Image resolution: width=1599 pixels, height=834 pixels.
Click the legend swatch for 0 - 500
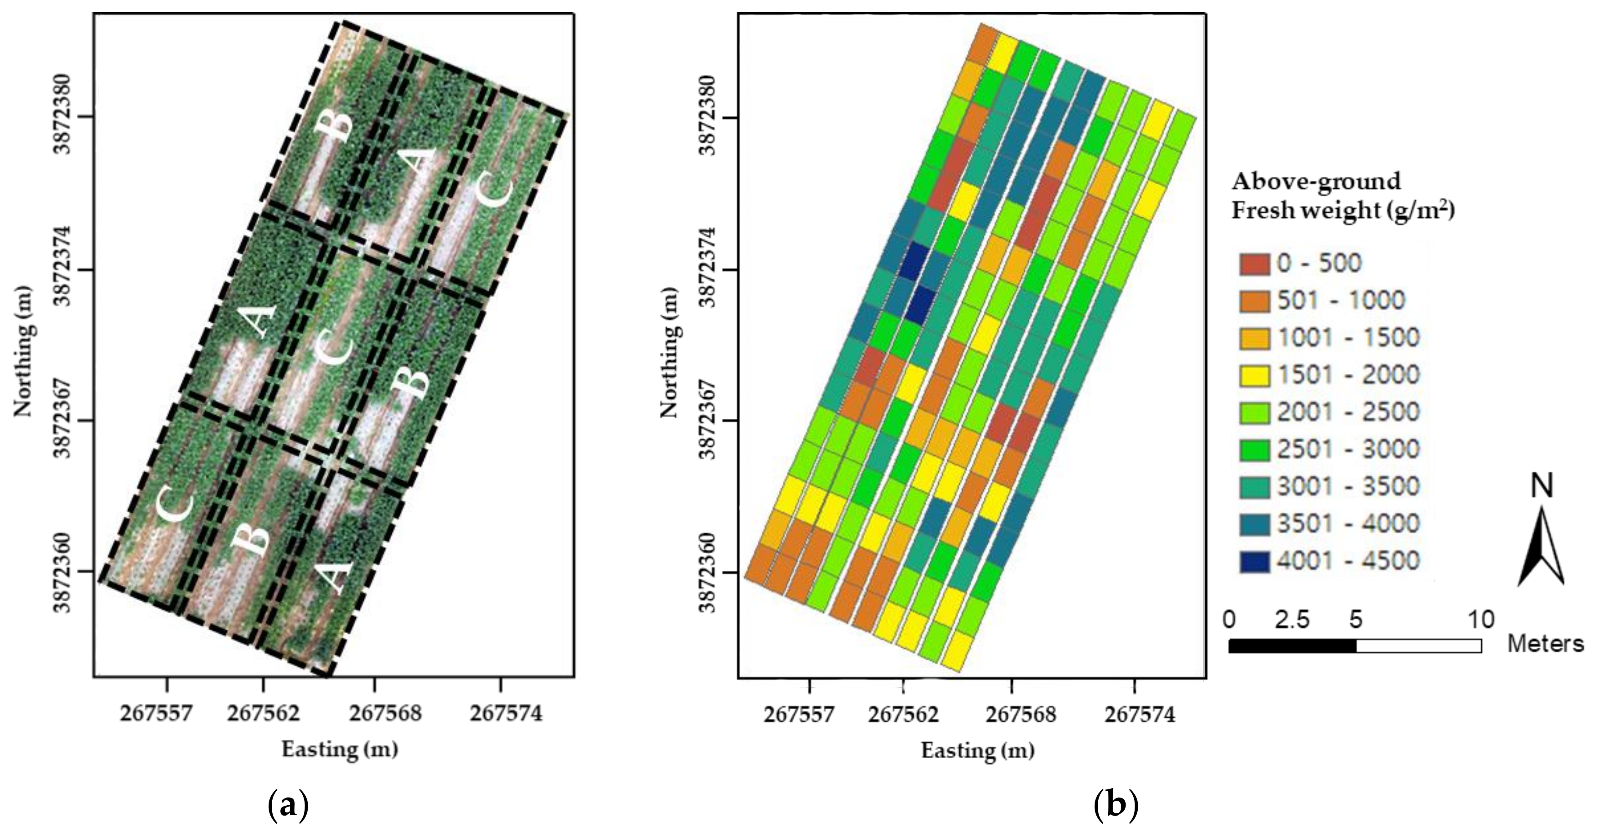click(1254, 263)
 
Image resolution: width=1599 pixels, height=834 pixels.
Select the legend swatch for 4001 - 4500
click(1254, 561)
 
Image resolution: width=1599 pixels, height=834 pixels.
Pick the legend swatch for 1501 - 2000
click(1254, 375)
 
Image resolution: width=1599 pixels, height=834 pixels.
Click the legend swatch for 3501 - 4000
click(1254, 524)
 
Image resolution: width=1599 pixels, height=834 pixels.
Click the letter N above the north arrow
click(1541, 486)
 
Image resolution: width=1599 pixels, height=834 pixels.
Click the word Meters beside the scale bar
click(1546, 644)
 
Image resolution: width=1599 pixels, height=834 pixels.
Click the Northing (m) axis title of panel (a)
click(24, 351)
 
